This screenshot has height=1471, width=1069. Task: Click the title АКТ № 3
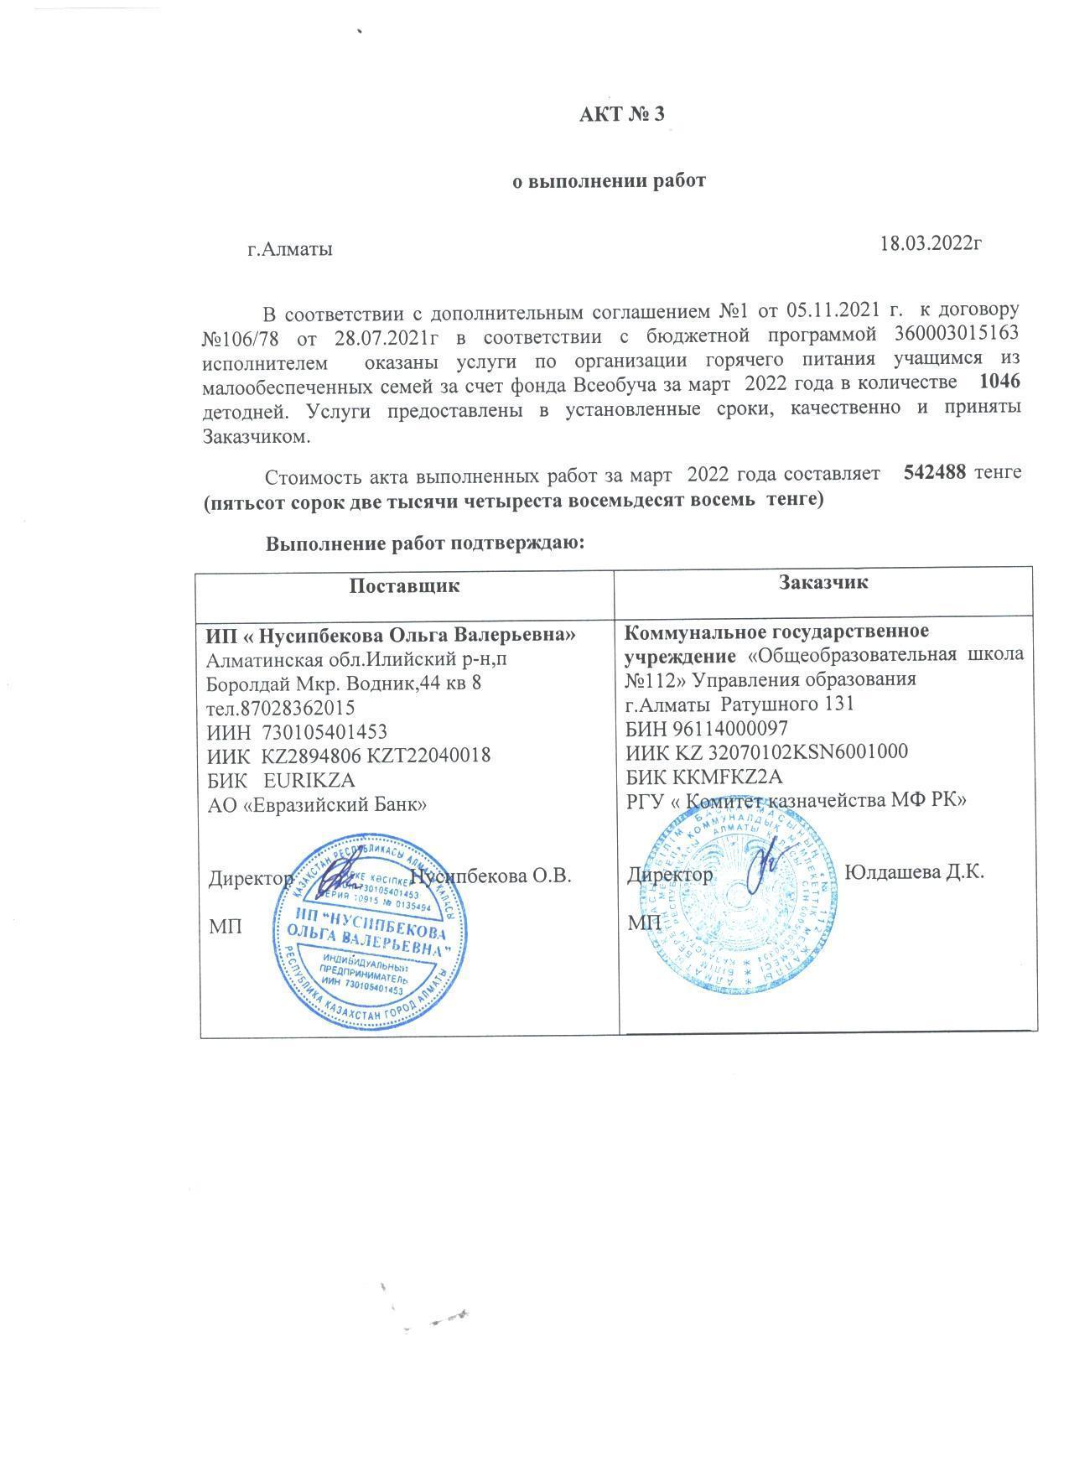(621, 114)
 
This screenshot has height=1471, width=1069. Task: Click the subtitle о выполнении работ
(610, 180)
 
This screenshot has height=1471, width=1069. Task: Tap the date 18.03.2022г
(931, 243)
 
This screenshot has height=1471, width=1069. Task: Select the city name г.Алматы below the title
(289, 249)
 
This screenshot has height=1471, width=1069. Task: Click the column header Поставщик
(405, 585)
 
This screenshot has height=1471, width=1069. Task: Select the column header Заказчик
(823, 582)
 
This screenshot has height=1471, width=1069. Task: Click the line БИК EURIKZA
(281, 779)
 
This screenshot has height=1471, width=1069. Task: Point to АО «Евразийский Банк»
(317, 804)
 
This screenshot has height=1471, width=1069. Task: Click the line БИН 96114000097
(707, 726)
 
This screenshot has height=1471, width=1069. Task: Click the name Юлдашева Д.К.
(914, 872)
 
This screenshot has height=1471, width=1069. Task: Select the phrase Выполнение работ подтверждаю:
(423, 543)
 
